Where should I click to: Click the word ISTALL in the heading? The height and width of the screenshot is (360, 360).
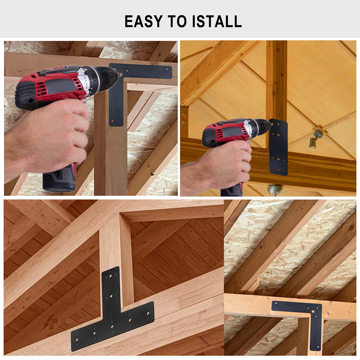[217, 21]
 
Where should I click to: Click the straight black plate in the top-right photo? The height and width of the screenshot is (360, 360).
[278, 147]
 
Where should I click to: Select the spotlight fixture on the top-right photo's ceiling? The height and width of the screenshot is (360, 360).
[315, 139]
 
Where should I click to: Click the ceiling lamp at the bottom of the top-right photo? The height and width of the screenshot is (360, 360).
[275, 190]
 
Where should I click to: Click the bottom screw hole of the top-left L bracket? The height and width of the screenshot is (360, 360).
[112, 121]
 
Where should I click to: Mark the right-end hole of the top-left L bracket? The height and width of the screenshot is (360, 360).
[167, 68]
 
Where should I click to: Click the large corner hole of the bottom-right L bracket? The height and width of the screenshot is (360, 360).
[313, 311]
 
